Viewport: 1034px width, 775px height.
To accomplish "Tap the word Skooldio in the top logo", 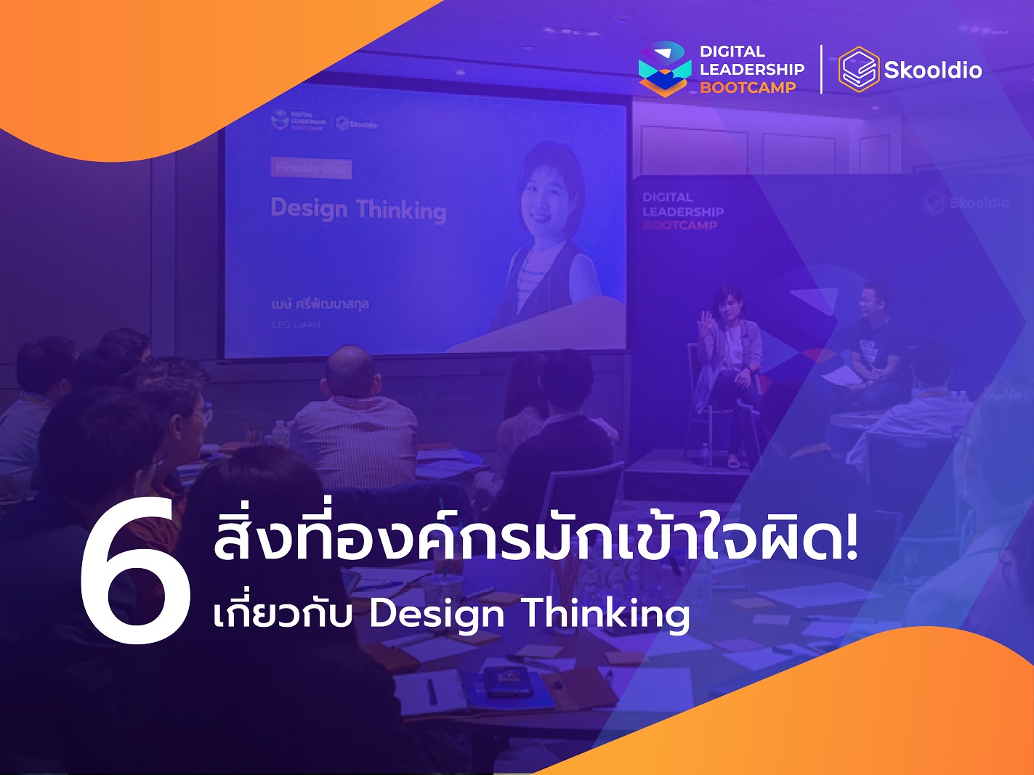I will (932, 70).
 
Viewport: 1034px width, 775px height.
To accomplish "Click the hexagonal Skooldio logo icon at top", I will (859, 70).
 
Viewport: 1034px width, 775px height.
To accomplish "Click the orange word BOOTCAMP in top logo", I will (748, 88).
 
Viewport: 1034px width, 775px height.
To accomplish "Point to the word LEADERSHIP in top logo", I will (752, 70).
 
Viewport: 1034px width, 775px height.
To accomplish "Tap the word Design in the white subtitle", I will (436, 615).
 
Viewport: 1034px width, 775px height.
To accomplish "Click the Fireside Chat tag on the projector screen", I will (312, 169).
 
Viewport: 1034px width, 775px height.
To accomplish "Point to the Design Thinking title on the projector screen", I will (358, 209).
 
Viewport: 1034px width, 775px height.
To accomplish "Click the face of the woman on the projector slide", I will (550, 192).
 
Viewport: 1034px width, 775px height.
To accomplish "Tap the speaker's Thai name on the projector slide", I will (320, 304).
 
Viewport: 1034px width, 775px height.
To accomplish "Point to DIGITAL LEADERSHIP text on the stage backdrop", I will (682, 205).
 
